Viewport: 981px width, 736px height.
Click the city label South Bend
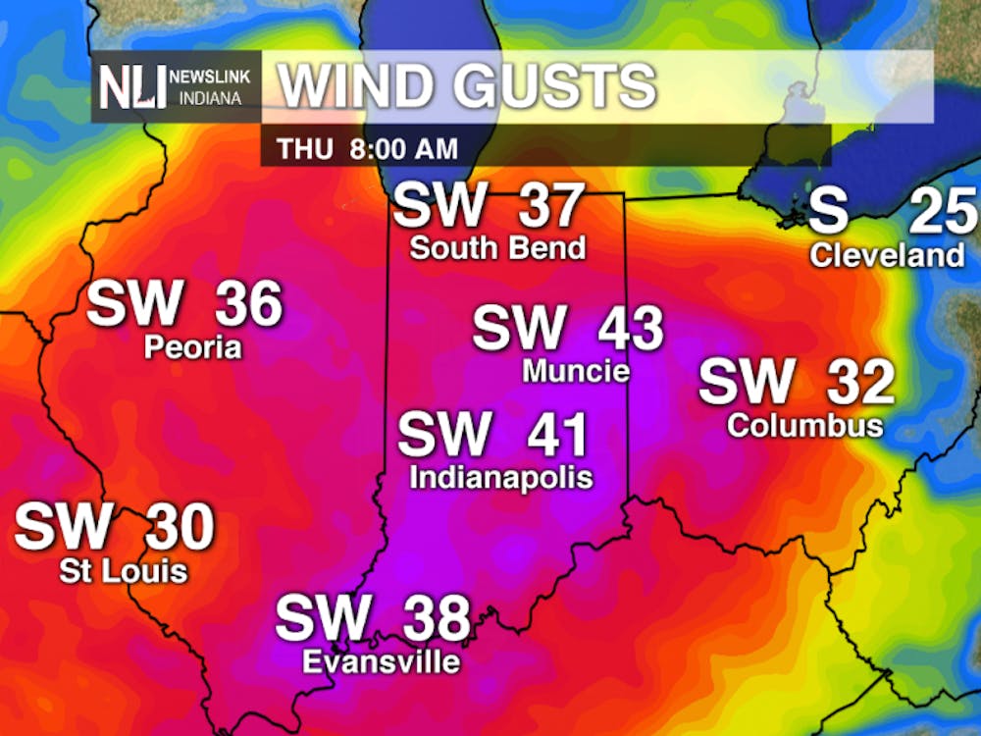point(497,248)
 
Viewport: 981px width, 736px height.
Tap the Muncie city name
point(576,371)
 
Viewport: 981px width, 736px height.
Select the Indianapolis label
point(500,478)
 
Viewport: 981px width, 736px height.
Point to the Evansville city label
point(381,662)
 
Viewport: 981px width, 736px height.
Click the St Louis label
point(123,570)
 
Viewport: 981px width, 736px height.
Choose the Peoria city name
point(192,347)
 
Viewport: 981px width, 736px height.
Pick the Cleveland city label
point(887,256)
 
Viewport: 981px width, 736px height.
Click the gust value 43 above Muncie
point(631,329)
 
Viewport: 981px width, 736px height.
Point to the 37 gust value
point(549,206)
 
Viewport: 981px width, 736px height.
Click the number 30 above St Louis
point(180,528)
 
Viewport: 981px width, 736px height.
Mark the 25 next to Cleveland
point(945,211)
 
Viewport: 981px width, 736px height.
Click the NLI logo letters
point(132,87)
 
